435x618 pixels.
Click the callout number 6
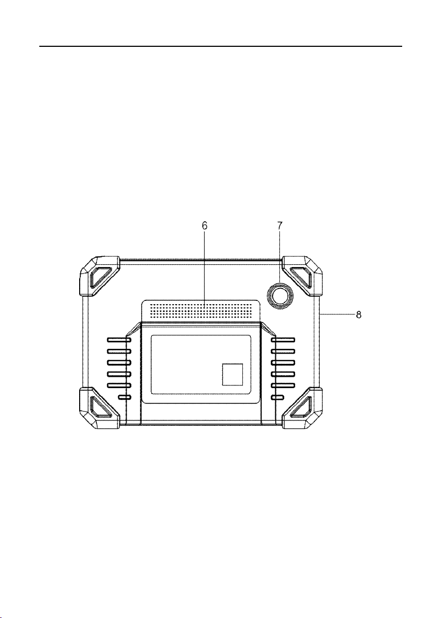[205, 226]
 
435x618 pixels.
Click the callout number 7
[280, 226]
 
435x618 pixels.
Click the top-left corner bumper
[100, 276]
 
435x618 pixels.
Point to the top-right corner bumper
[303, 276]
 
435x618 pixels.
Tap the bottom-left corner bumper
[100, 408]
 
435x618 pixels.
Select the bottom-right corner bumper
[303, 408]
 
